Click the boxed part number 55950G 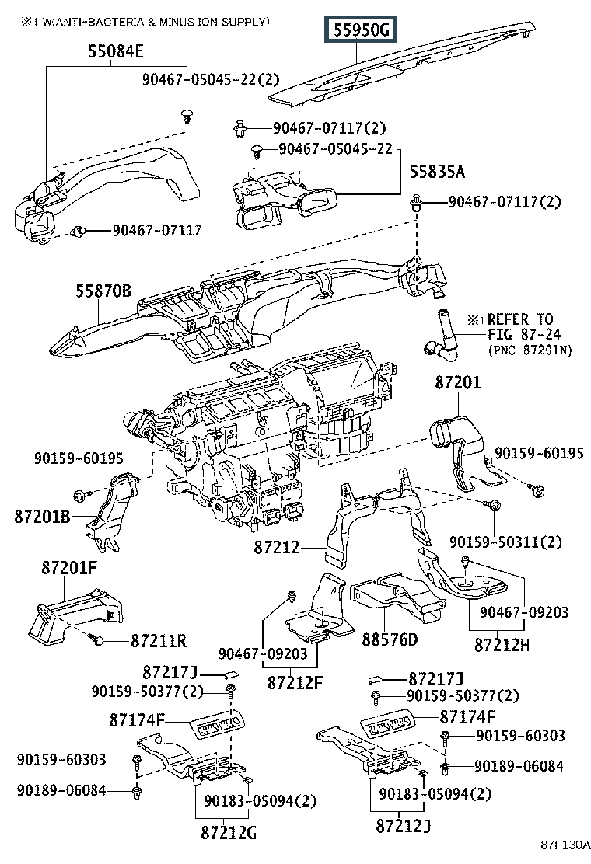click(x=361, y=30)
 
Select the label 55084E click(x=116, y=52)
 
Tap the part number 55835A click(x=437, y=172)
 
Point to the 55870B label click(x=103, y=291)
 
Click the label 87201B click(x=43, y=517)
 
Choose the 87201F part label click(x=69, y=567)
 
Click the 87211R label click(x=159, y=640)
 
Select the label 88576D click(x=390, y=639)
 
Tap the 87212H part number click(x=502, y=645)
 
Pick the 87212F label click(x=295, y=683)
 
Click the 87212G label click(x=229, y=832)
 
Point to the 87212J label click(x=403, y=825)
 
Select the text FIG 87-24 click(x=524, y=334)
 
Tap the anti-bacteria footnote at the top click(x=145, y=22)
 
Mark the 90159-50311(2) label click(x=505, y=542)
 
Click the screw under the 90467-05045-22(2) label click(x=187, y=117)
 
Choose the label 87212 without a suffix click(x=277, y=548)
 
